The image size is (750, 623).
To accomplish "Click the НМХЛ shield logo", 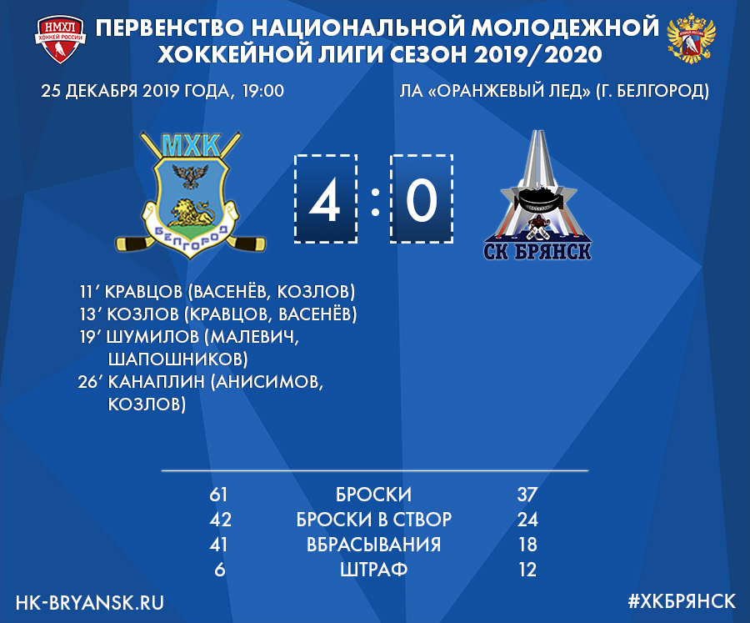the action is pos(60,40).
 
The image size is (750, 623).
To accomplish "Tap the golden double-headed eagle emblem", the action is pos(691,39).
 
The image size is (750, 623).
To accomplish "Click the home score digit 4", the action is pos(325,201).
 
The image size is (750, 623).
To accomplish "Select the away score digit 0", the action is pos(422,201).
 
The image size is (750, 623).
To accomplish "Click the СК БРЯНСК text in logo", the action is pos(537,251).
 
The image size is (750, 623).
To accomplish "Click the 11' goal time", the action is pos(89,292).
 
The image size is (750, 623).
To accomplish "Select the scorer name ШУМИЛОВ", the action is pos(152,337).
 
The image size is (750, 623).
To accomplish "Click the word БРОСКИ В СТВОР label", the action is pos(374,520).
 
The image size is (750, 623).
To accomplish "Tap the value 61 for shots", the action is pos(218,495).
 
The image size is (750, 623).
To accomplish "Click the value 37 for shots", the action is pos(527,495).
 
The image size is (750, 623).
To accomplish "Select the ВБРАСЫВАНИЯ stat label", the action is pos(373,545).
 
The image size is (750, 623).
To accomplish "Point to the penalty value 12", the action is pos(527,570).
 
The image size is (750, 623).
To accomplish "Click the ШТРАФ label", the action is pos(373,570).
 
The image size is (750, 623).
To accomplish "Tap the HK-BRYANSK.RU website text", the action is pos(90,602).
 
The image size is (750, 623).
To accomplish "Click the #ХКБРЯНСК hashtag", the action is pos(682,601).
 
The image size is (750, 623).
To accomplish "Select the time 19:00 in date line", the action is pos(263,91).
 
